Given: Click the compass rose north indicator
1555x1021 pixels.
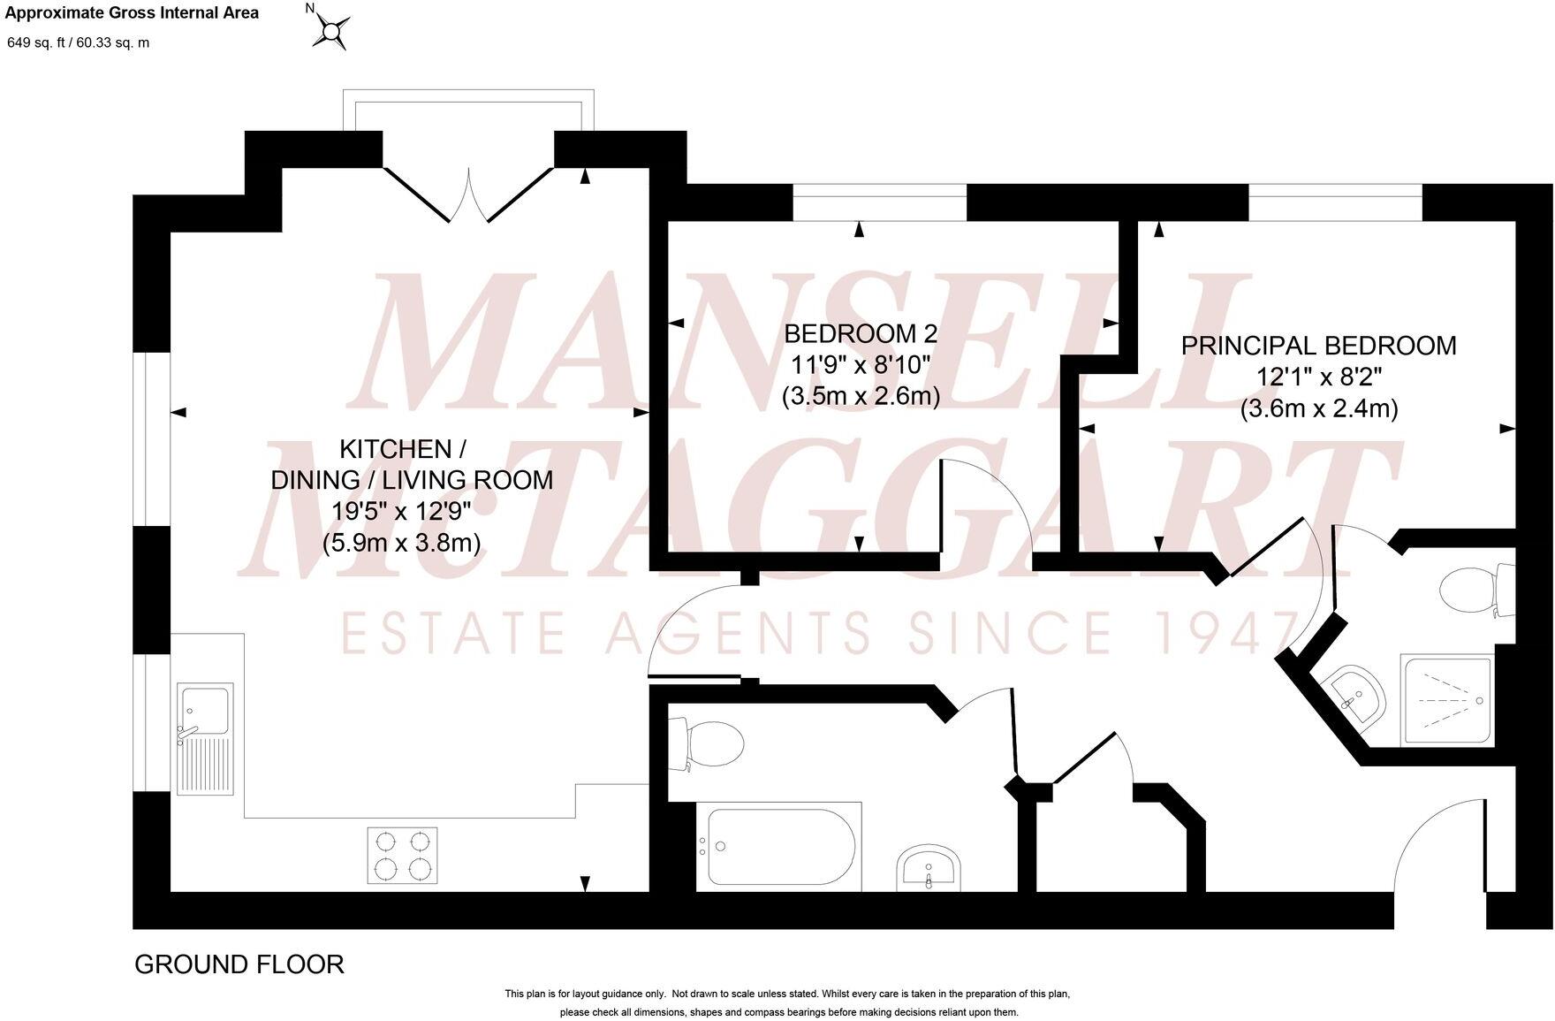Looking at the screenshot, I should [x=331, y=30].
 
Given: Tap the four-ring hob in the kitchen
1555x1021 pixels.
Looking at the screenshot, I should [x=402, y=855].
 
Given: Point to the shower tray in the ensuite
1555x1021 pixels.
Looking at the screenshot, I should [x=1445, y=700].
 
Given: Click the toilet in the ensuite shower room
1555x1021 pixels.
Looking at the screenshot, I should [x=1475, y=590].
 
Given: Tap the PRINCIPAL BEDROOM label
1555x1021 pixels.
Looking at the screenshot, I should [x=1318, y=346].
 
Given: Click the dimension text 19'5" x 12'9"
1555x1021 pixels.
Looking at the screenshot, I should [x=401, y=511].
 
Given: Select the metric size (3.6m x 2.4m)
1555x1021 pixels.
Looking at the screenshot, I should [x=1318, y=409].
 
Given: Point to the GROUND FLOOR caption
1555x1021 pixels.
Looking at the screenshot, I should [x=239, y=964].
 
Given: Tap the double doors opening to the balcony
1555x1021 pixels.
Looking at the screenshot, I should [x=468, y=194].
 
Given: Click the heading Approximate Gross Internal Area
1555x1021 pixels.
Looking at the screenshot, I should [x=133, y=13].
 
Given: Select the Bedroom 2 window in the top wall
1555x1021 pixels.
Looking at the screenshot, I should [x=879, y=202].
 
